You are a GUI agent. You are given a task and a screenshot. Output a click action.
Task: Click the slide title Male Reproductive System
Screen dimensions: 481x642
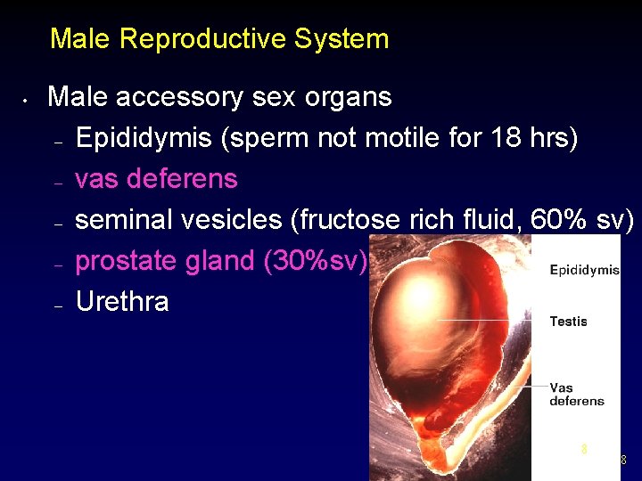point(219,39)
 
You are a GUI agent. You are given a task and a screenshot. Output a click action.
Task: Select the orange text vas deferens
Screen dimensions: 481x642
point(156,179)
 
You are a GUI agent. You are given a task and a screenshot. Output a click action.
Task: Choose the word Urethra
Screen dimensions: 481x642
point(122,302)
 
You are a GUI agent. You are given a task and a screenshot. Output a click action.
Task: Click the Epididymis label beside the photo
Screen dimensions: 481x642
point(584,270)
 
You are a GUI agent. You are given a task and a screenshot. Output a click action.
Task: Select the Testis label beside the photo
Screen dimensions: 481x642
point(568,322)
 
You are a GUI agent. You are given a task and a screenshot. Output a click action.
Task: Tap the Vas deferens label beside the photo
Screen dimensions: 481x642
point(576,394)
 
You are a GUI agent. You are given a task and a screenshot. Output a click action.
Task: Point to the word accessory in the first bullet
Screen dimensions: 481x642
point(180,97)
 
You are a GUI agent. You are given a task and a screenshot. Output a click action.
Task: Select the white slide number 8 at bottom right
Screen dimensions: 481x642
point(622,461)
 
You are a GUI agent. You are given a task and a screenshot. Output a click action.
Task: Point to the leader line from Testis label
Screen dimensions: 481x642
point(490,321)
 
